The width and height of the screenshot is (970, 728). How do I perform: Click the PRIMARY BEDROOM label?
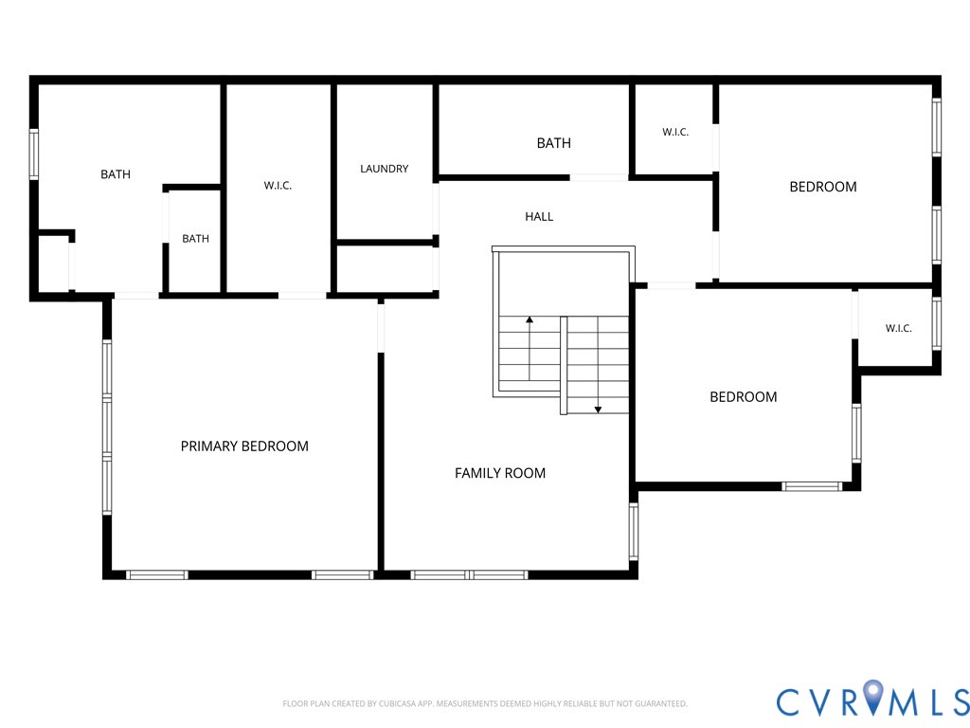pyautogui.click(x=244, y=446)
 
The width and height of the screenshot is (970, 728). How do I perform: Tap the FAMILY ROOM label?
pyautogui.click(x=500, y=474)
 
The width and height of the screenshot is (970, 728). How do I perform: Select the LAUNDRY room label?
pyautogui.click(x=385, y=169)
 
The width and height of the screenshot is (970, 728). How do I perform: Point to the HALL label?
pyautogui.click(x=539, y=217)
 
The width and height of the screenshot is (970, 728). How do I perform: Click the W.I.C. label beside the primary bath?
pyautogui.click(x=278, y=185)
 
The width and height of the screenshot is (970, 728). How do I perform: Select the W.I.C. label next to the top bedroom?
pyautogui.click(x=674, y=132)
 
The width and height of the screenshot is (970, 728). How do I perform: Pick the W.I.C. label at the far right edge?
pyautogui.click(x=898, y=328)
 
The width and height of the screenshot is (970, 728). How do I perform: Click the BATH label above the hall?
pyautogui.click(x=553, y=143)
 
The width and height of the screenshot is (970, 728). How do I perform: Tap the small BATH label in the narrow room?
pyautogui.click(x=195, y=238)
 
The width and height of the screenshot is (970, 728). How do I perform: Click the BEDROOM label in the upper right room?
pyautogui.click(x=823, y=187)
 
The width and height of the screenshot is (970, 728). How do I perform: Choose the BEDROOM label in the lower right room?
pyautogui.click(x=743, y=397)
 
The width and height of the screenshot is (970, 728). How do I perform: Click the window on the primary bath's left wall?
pyautogui.click(x=34, y=155)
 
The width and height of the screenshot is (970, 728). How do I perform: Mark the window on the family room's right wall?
pyautogui.click(x=634, y=532)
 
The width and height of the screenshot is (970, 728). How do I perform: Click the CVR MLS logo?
pyautogui.click(x=872, y=701)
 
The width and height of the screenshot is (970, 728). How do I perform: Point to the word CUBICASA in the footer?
pyautogui.click(x=401, y=704)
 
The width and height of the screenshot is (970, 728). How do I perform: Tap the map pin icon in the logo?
pyautogui.click(x=873, y=696)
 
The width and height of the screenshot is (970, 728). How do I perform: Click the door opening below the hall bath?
pyautogui.click(x=599, y=177)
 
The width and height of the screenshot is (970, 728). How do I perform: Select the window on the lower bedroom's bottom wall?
pyautogui.click(x=812, y=486)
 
